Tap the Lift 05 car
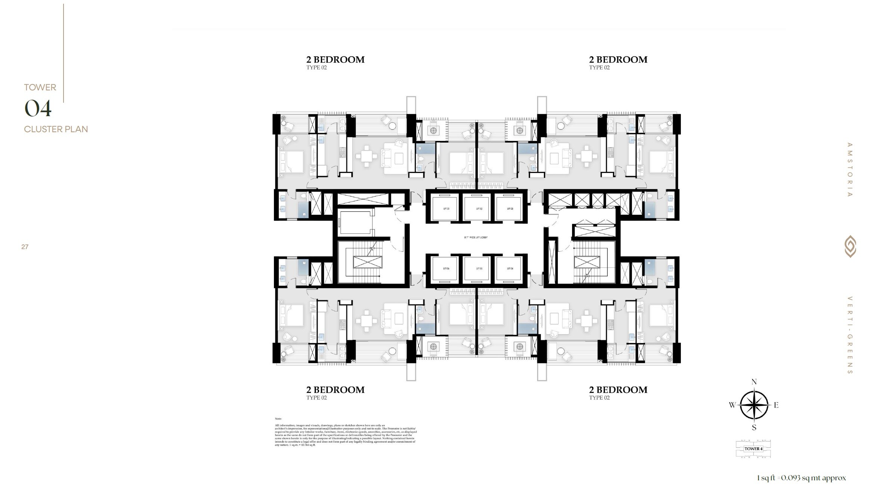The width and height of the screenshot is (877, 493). [479, 269]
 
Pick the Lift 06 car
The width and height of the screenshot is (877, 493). [446, 269]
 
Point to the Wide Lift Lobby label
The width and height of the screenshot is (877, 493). [476, 238]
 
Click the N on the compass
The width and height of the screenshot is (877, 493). [754, 382]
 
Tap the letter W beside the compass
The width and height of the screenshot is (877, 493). [732, 405]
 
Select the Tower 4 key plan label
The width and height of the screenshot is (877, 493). [753, 449]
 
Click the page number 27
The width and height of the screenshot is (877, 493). [25, 247]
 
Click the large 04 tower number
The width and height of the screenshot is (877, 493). [38, 109]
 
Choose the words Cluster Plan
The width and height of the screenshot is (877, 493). [56, 129]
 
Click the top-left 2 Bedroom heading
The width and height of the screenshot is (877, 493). [335, 60]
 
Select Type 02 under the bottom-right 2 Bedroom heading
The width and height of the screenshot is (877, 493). [599, 398]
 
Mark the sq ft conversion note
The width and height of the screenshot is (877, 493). [801, 478]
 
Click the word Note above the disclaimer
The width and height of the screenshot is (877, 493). [278, 419]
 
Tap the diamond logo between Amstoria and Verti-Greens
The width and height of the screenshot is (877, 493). [850, 246]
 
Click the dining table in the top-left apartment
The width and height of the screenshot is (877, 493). [366, 156]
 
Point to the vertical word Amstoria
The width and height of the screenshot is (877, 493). [850, 170]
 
